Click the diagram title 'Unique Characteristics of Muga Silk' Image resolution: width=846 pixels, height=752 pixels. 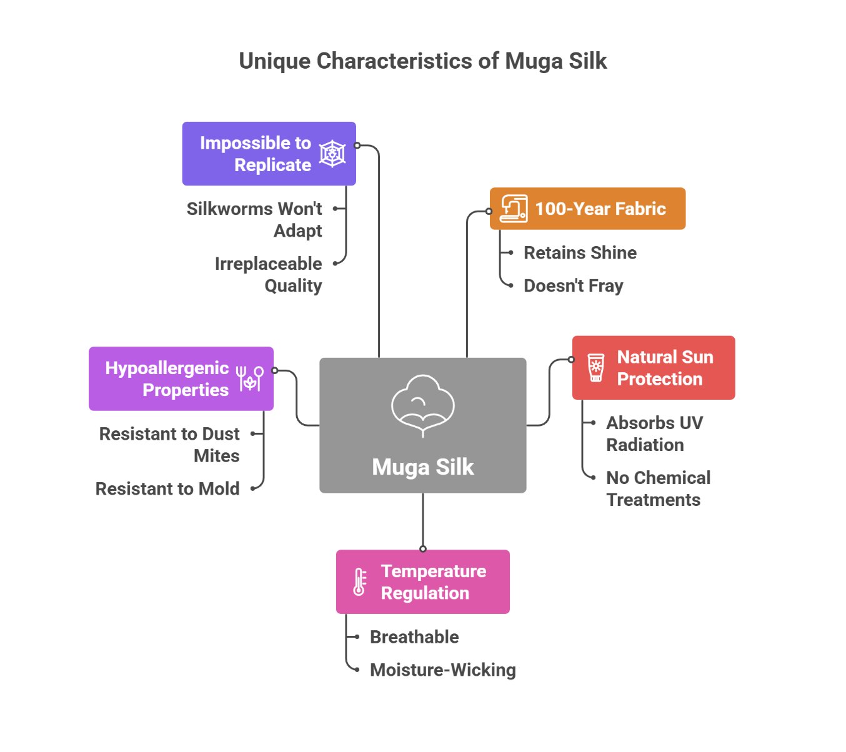(x=423, y=61)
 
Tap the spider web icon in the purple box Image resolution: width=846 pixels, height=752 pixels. (x=332, y=154)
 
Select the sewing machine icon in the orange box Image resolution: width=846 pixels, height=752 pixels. (x=514, y=209)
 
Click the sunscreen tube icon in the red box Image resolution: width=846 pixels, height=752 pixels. (x=596, y=368)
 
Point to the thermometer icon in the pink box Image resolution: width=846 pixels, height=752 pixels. (x=360, y=581)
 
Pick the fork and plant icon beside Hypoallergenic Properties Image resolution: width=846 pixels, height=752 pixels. (x=250, y=378)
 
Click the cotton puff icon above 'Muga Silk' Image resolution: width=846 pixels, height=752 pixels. (x=423, y=405)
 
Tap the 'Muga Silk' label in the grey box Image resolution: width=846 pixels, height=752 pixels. (x=423, y=467)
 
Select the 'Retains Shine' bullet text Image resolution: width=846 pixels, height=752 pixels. (x=580, y=253)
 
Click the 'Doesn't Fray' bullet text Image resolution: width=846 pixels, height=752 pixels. (x=573, y=286)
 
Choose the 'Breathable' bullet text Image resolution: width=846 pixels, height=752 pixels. (x=414, y=637)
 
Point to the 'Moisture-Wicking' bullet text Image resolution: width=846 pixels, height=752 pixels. (x=442, y=670)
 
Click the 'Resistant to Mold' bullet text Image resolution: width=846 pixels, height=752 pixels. (x=167, y=489)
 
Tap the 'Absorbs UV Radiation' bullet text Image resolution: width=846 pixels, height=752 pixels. (x=654, y=434)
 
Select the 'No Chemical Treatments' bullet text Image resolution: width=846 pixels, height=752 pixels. (x=658, y=489)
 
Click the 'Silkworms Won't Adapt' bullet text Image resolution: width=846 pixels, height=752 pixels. (x=255, y=220)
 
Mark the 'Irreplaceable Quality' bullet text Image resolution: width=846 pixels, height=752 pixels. (x=269, y=275)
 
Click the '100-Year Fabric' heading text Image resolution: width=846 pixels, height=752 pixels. (x=600, y=209)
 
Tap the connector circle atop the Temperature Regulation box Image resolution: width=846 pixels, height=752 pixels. (x=423, y=549)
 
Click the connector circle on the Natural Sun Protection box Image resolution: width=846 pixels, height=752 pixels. (x=571, y=360)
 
